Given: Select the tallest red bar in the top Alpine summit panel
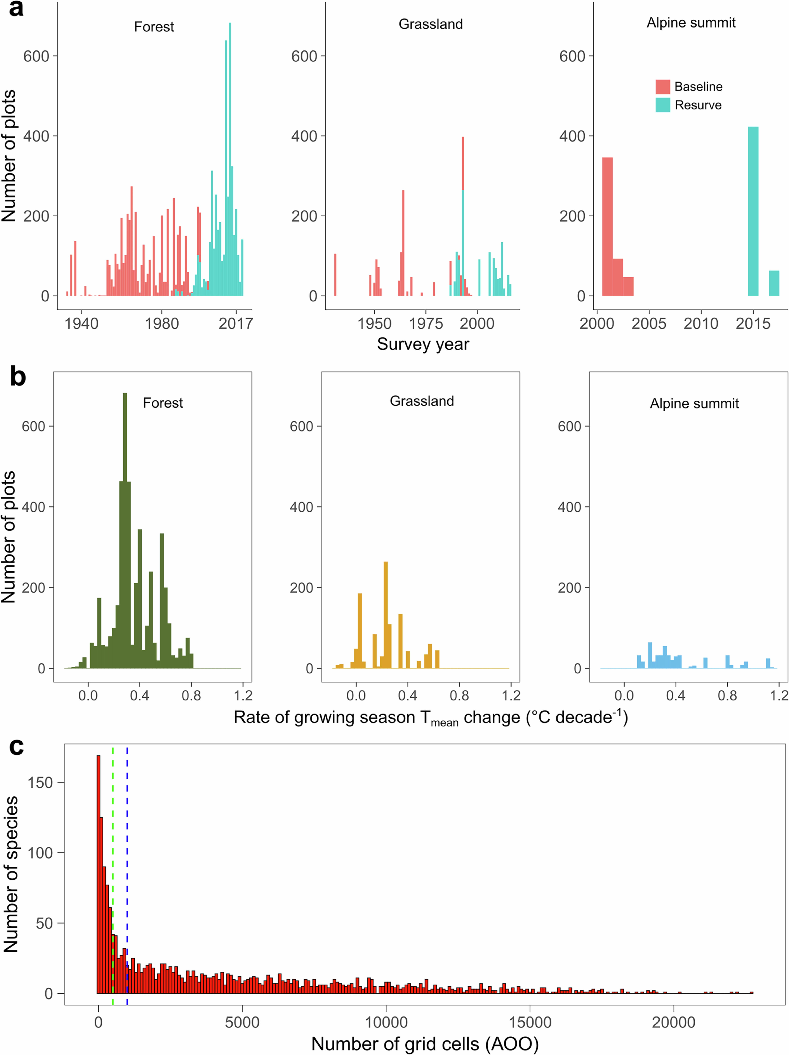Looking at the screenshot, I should tap(607, 227).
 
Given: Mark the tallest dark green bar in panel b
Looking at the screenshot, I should tap(125, 529).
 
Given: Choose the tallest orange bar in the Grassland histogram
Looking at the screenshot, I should tap(385, 615).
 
